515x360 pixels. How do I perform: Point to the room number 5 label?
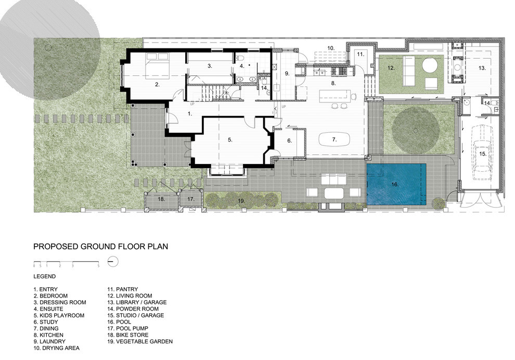(229, 139)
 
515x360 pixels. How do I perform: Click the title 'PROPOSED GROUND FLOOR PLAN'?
(100, 247)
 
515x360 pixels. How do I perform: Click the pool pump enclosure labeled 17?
(190, 199)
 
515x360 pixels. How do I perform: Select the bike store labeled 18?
(161, 199)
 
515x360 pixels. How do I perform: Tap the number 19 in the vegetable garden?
(240, 200)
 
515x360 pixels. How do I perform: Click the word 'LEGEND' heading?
(45, 277)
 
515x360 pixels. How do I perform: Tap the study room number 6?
(289, 140)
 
